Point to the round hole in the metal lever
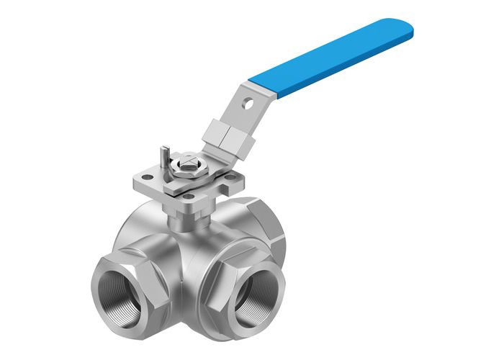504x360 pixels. click(249, 103)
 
